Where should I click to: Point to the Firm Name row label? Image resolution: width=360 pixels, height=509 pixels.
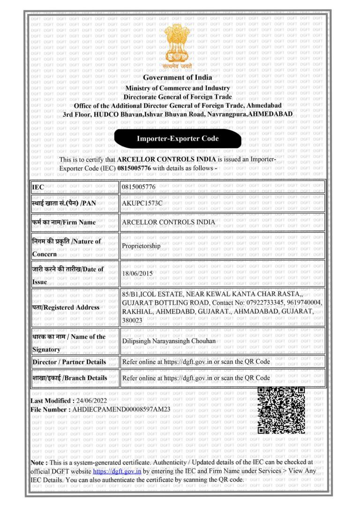tap(64, 222)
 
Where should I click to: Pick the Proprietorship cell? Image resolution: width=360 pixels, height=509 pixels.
tap(141, 246)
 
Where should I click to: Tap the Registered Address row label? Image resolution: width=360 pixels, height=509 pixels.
tap(65, 307)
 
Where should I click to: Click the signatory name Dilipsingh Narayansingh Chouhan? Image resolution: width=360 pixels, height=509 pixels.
tap(168, 341)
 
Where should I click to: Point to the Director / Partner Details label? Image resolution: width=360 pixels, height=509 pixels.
tap(69, 362)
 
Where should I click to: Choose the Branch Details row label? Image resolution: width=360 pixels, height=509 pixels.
tap(69, 378)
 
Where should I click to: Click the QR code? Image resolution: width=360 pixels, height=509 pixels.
tap(281, 410)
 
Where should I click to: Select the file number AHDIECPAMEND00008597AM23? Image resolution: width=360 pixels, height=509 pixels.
tap(120, 410)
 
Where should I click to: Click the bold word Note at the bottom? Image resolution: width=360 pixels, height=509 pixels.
tap(38, 463)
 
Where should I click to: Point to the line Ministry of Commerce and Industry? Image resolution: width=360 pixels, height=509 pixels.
tap(178, 88)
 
